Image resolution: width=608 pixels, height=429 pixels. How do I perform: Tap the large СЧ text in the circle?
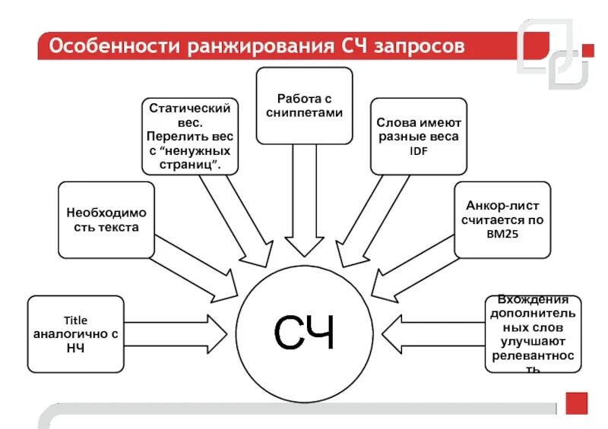(x=304, y=332)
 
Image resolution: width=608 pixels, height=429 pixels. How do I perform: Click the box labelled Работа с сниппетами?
(x=304, y=106)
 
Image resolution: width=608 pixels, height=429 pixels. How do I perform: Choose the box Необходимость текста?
(x=106, y=220)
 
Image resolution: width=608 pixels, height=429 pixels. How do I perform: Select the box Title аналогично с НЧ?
(x=75, y=334)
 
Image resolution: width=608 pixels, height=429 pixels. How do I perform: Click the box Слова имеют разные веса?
(x=419, y=136)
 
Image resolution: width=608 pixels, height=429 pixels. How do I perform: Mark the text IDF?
(x=419, y=150)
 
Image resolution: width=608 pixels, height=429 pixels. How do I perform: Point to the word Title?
(x=75, y=320)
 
